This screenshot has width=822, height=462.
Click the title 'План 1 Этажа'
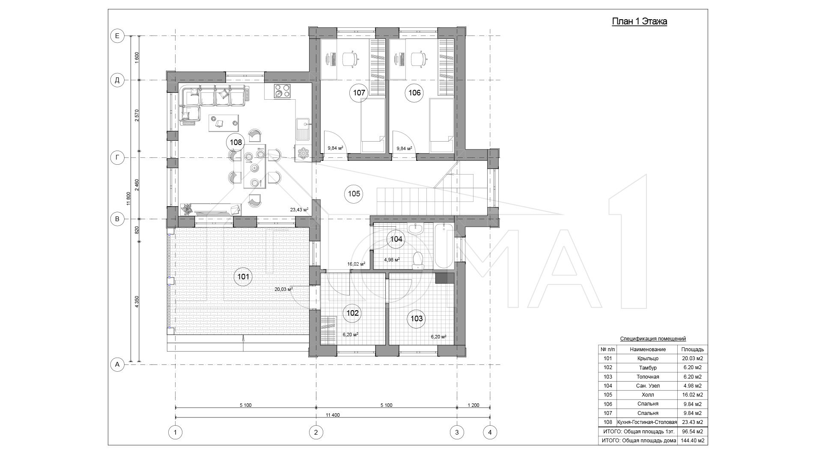(639, 22)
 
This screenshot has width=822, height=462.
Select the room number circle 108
(236, 142)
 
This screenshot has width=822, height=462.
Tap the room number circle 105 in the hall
(354, 194)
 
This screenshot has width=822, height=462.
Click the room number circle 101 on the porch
(243, 277)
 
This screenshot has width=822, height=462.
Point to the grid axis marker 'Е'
(117, 36)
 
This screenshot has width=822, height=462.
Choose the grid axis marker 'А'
(117, 364)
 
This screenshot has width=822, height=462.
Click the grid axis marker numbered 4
(490, 432)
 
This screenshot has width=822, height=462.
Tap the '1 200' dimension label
(473, 405)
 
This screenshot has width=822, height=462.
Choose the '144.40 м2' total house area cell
(692, 441)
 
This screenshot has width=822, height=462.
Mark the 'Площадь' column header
(692, 349)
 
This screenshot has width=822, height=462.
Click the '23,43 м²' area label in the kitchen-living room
(299, 210)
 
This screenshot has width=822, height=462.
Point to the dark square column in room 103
(444, 278)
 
